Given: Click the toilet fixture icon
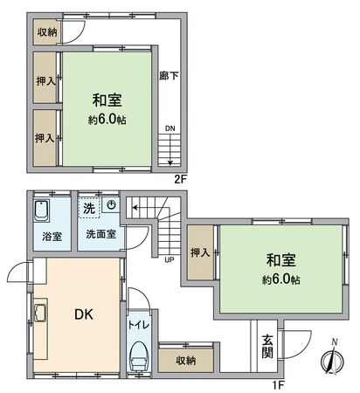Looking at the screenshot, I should (x=139, y=356).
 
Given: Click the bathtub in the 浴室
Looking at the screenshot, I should (x=42, y=212).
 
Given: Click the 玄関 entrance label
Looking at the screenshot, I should (x=267, y=348).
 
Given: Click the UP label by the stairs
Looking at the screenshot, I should (x=166, y=259).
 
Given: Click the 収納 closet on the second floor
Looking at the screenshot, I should (x=46, y=31).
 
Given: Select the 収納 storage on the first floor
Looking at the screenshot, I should (x=185, y=360).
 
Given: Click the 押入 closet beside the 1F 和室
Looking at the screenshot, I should (x=199, y=253).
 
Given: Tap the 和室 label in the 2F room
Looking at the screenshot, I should (x=103, y=100).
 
